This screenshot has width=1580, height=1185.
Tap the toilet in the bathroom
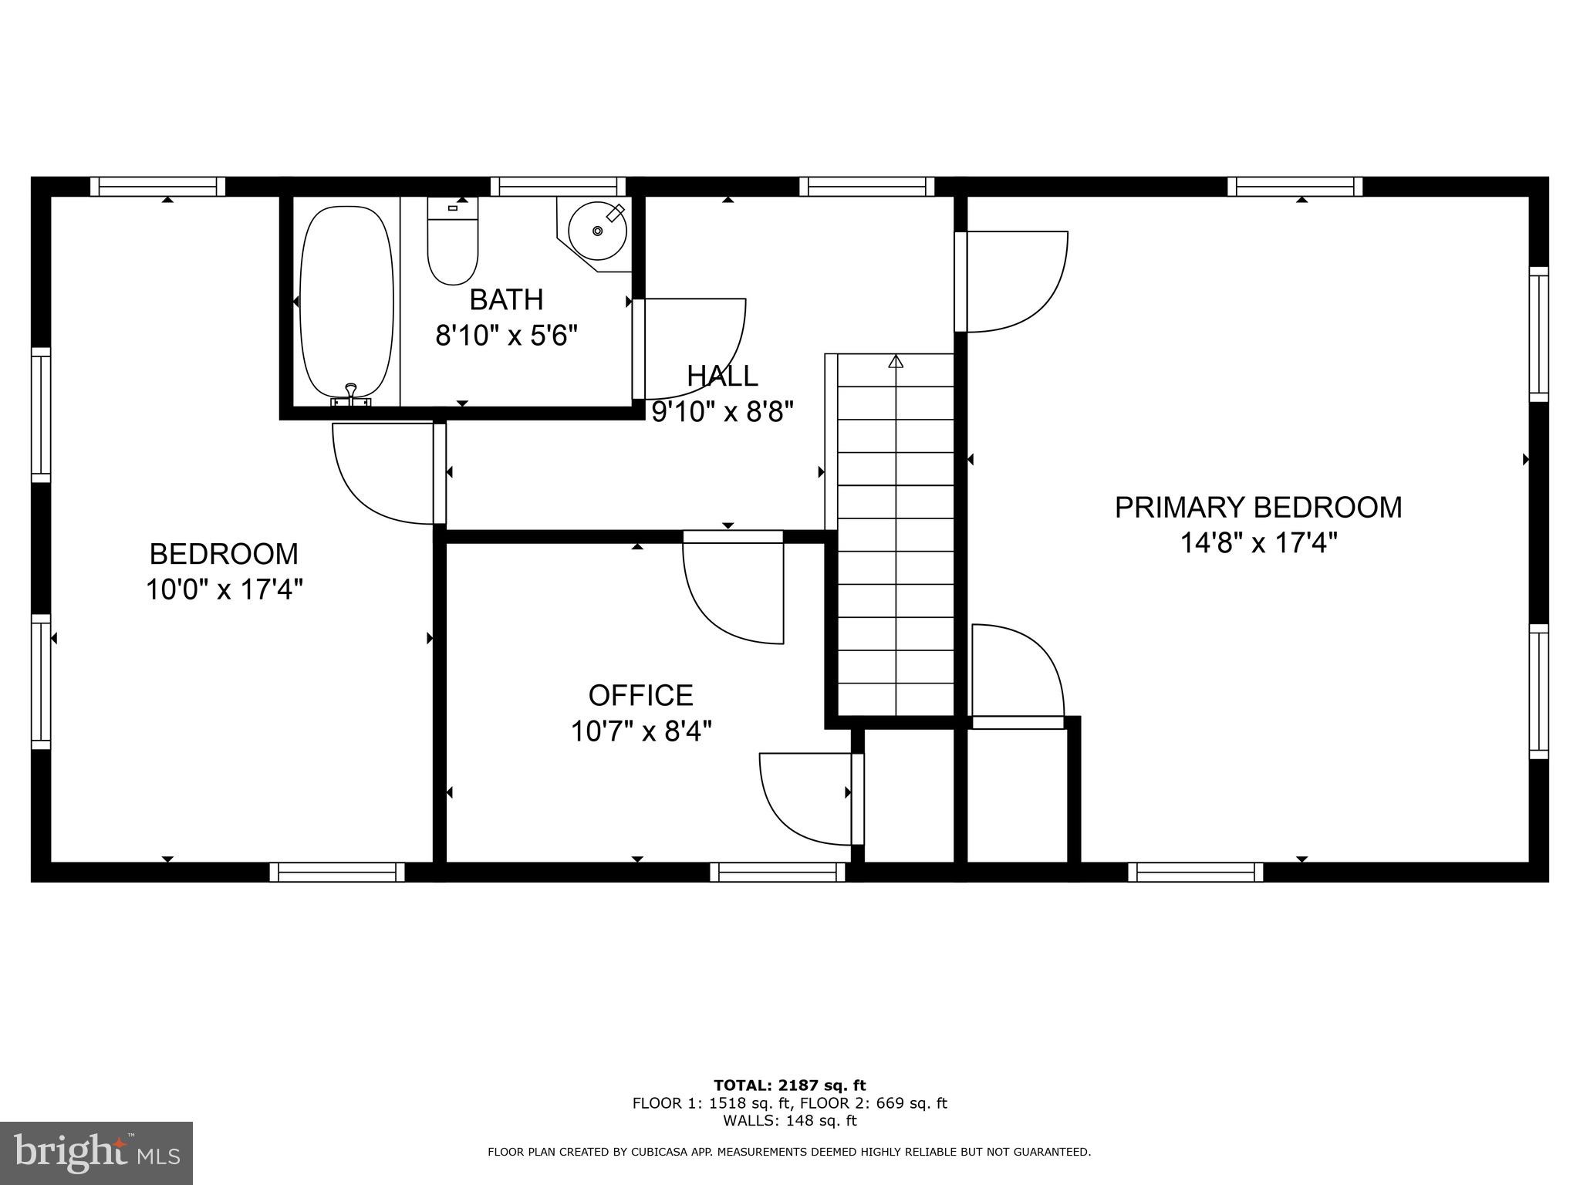[453, 243]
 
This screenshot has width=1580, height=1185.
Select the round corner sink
[597, 231]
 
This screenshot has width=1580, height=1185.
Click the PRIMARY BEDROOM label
[1258, 508]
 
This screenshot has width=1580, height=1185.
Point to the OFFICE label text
[640, 696]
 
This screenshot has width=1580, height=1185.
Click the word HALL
[722, 376]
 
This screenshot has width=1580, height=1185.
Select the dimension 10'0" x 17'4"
[224, 590]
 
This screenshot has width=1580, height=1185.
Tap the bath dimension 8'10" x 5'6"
[506, 336]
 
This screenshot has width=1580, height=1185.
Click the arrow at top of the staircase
[895, 361]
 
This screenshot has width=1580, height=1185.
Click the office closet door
[806, 798]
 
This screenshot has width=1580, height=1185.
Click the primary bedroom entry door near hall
[1015, 282]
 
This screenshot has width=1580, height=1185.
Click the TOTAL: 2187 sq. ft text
[789, 1085]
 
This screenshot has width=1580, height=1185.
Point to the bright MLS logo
[96, 1154]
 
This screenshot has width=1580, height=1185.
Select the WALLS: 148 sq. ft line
[789, 1121]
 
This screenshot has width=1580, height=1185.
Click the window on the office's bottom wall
[777, 873]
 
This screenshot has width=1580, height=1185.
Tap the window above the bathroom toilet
[558, 187]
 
